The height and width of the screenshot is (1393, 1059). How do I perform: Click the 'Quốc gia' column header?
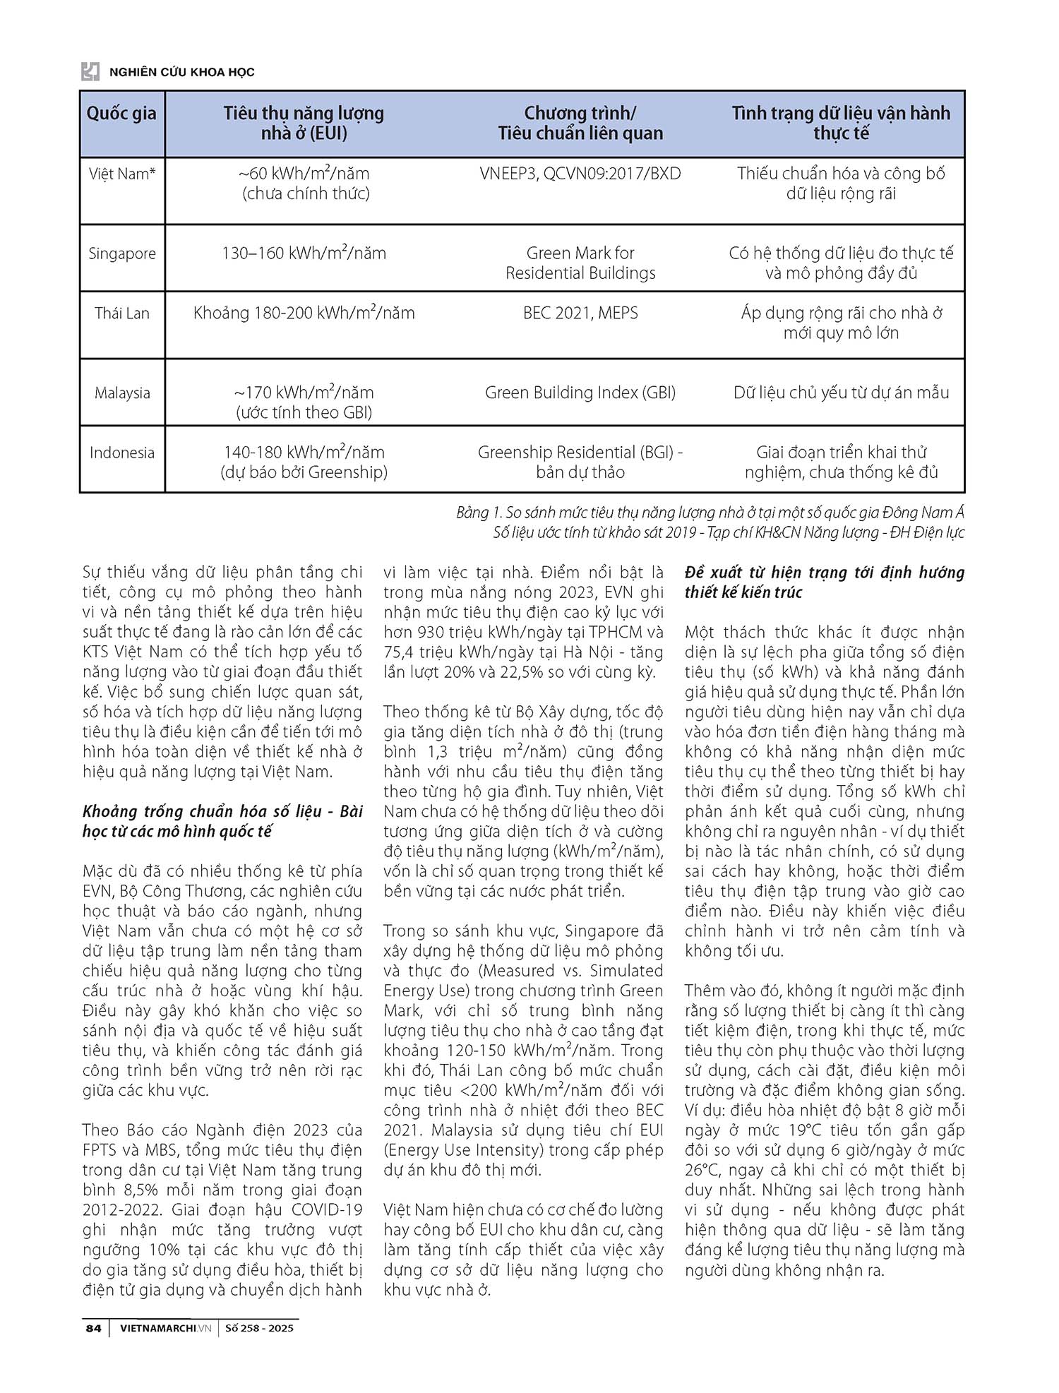[x=121, y=114]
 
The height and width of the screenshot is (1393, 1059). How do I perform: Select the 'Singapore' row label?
[x=121, y=253]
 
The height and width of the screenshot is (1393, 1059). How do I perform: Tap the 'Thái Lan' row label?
[x=121, y=313]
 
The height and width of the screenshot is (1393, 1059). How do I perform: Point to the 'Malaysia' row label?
[x=122, y=393]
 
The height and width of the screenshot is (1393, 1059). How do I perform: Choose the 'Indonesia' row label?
[x=121, y=453]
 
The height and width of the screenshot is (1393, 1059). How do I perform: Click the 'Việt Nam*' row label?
[x=121, y=174]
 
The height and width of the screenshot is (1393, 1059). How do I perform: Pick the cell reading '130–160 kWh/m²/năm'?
[x=304, y=253]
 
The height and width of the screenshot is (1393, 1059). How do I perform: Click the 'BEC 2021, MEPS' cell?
[x=580, y=313]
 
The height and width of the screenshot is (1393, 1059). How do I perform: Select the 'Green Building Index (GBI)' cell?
[x=580, y=393]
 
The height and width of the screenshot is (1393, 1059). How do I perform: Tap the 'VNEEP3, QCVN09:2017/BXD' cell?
[x=580, y=174]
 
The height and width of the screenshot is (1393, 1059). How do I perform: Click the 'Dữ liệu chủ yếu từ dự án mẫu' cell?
[x=841, y=393]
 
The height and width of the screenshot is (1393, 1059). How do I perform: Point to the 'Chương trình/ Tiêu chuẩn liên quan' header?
[x=580, y=123]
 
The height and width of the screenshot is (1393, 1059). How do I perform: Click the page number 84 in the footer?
[x=93, y=1328]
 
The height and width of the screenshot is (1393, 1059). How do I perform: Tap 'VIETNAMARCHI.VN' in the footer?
[x=165, y=1328]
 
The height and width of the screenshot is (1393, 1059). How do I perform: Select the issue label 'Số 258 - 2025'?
[x=259, y=1328]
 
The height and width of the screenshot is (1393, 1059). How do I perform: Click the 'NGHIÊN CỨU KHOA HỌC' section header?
[x=182, y=72]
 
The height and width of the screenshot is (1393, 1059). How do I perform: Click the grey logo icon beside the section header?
[x=90, y=71]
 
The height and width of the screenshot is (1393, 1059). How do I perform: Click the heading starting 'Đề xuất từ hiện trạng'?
[x=824, y=573]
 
